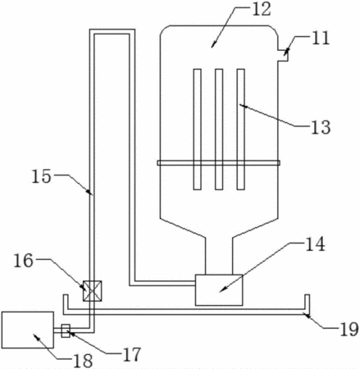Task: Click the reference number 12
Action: click(261, 10)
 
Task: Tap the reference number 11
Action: click(321, 39)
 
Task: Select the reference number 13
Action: click(321, 127)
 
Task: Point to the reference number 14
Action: click(315, 244)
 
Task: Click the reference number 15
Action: click(41, 176)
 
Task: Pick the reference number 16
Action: click(24, 260)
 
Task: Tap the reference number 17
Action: click(131, 354)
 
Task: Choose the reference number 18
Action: click(83, 361)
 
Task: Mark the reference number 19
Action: click(349, 329)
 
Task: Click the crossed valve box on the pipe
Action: click(93, 291)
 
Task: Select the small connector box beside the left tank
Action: click(66, 330)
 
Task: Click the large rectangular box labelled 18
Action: click(28, 330)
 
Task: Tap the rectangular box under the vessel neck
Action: click(219, 289)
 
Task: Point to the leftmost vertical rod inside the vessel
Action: click(197, 130)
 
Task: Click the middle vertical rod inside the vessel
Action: click(219, 130)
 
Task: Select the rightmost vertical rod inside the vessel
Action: click(240, 130)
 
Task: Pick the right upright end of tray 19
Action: click(308, 303)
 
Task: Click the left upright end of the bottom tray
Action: click(66, 303)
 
